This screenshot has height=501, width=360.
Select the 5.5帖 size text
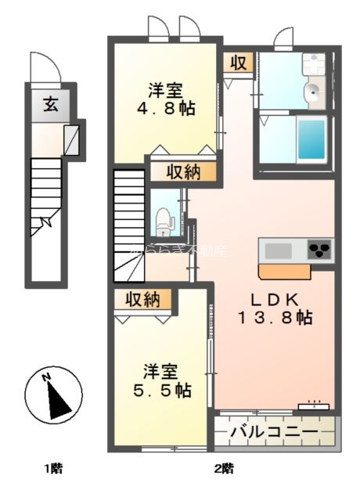[167, 389]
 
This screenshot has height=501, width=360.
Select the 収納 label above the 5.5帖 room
[142, 299]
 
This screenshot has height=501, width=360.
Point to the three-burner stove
[319, 250]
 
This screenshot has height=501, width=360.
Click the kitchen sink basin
[279, 250]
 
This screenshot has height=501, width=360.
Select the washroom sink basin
[313, 92]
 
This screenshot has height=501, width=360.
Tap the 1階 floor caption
[52, 470]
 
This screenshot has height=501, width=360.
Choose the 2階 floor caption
[225, 470]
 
